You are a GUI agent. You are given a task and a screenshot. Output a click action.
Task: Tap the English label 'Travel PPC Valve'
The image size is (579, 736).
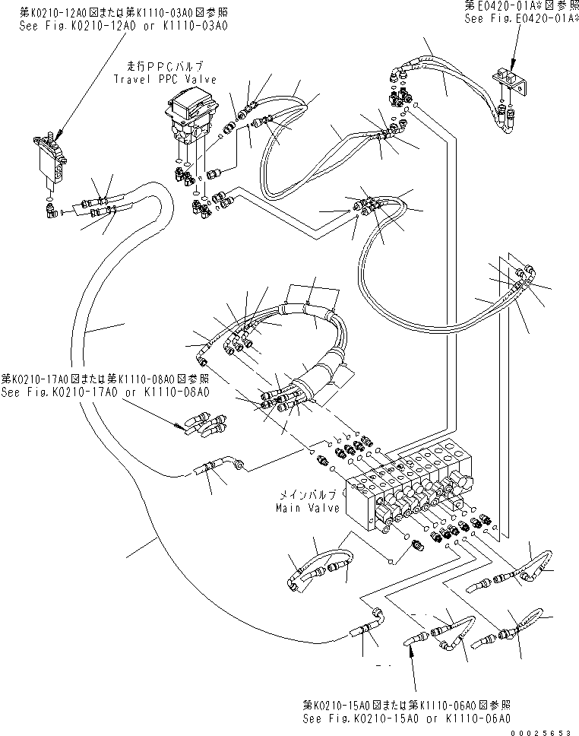[x=165, y=79]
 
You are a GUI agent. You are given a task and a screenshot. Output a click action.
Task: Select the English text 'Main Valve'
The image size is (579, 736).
[x=308, y=509]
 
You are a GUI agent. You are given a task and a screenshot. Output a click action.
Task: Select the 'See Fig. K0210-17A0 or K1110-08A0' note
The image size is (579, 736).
[x=105, y=392]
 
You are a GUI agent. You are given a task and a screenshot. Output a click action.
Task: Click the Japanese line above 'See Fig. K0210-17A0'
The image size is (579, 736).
[x=104, y=379]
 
